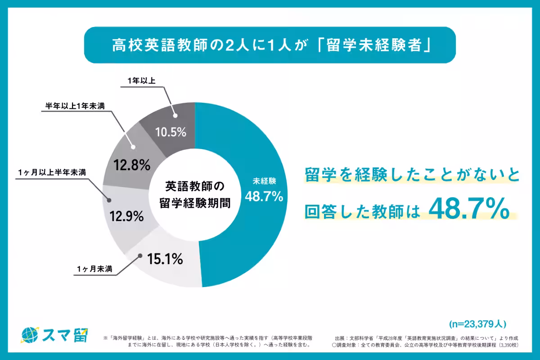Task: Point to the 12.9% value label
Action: click(126, 216)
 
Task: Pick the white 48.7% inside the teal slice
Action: click(264, 196)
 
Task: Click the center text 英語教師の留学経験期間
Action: click(195, 194)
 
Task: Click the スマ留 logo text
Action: click(66, 334)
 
